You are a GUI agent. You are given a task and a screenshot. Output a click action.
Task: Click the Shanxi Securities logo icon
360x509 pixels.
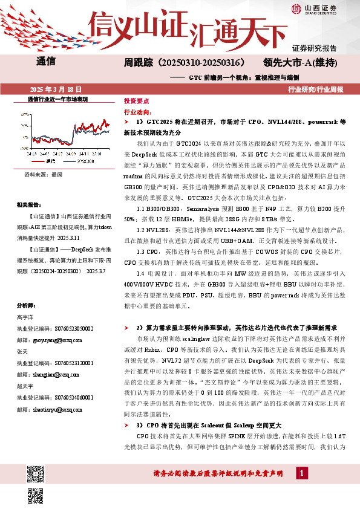(295, 8)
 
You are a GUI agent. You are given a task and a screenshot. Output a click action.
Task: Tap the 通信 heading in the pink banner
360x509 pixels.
(46, 61)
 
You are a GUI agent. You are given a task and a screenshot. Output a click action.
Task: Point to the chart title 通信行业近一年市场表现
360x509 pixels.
(59, 98)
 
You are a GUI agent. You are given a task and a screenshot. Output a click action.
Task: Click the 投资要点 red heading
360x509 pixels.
(136, 101)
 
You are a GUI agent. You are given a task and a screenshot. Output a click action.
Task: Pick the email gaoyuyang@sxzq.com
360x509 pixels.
(47, 340)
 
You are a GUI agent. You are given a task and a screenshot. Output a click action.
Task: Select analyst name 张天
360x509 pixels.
(22, 351)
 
